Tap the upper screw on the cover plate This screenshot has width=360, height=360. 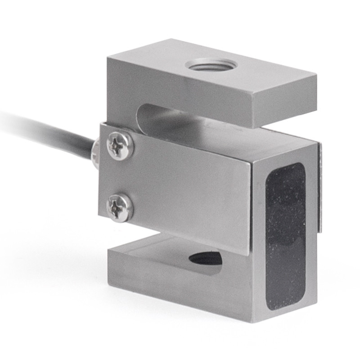(x=120, y=144)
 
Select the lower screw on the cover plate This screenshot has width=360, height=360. (x=120, y=207)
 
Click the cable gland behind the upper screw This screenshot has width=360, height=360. (x=95, y=152)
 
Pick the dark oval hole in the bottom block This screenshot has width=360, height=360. (x=205, y=258)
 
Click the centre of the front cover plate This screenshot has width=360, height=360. (x=180, y=184)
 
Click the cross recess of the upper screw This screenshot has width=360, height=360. (x=120, y=144)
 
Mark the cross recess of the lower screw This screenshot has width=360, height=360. (x=120, y=207)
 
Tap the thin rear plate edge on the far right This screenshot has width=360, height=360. (x=320, y=189)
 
